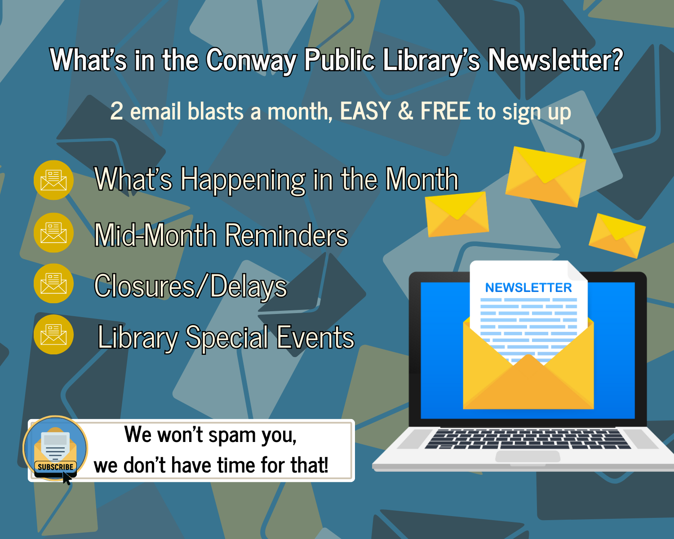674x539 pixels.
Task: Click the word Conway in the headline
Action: (x=251, y=60)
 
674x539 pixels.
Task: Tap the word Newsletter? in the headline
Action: (x=555, y=60)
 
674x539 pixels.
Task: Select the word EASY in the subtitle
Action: (x=365, y=111)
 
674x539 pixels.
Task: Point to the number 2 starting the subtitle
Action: (x=117, y=111)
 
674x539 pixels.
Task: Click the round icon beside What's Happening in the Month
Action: (x=53, y=180)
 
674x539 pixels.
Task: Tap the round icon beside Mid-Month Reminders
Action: (x=53, y=233)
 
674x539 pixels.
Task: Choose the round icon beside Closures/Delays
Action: (x=53, y=283)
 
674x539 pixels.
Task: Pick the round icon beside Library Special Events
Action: (x=53, y=335)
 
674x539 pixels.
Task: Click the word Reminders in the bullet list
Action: (x=286, y=235)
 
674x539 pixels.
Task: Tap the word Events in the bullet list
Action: (x=315, y=338)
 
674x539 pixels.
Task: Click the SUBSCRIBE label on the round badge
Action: (x=55, y=467)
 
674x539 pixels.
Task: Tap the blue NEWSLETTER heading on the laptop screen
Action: (x=528, y=288)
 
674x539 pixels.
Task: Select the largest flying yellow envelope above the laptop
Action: (x=545, y=177)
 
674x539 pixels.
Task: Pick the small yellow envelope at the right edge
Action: (x=617, y=235)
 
